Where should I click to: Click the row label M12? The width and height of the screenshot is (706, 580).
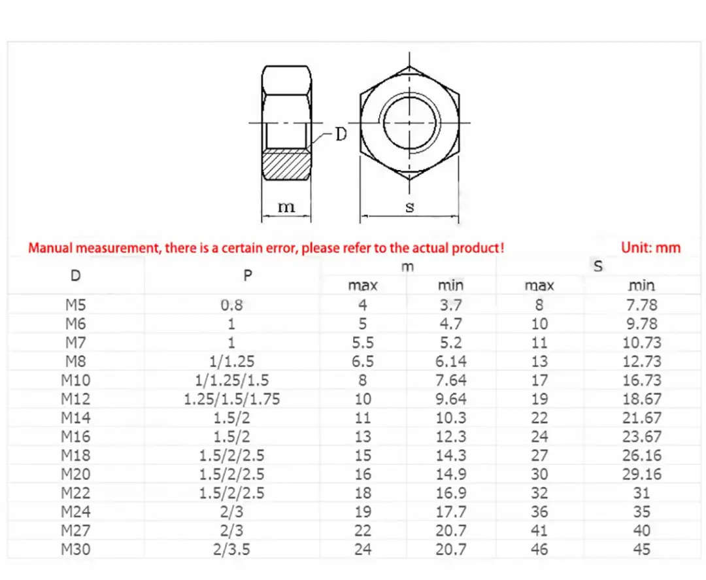click(x=76, y=399)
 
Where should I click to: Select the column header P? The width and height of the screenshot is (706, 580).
click(x=248, y=275)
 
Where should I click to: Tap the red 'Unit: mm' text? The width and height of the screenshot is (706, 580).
click(x=650, y=248)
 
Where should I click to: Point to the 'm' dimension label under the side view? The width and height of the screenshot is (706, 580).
click(x=286, y=207)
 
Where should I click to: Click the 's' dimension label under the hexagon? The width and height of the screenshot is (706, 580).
click(x=410, y=207)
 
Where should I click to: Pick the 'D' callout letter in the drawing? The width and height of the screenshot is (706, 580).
click(x=341, y=135)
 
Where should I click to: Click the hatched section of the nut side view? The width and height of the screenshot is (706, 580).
click(x=286, y=165)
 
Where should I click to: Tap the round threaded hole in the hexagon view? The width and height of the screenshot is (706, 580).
click(x=410, y=122)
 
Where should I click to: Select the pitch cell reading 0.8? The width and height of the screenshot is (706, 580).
click(x=231, y=305)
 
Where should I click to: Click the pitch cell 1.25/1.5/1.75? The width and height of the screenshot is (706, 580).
click(x=231, y=399)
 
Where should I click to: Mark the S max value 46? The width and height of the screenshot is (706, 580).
click(x=539, y=549)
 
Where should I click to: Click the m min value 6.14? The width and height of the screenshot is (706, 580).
click(x=450, y=362)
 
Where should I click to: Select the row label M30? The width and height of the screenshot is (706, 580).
click(x=76, y=549)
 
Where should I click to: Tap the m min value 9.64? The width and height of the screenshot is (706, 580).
click(x=450, y=399)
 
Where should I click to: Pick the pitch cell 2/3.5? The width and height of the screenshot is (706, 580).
click(x=231, y=549)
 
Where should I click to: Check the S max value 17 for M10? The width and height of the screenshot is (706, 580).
click(x=539, y=380)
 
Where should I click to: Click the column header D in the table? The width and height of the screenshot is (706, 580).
click(x=76, y=275)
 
